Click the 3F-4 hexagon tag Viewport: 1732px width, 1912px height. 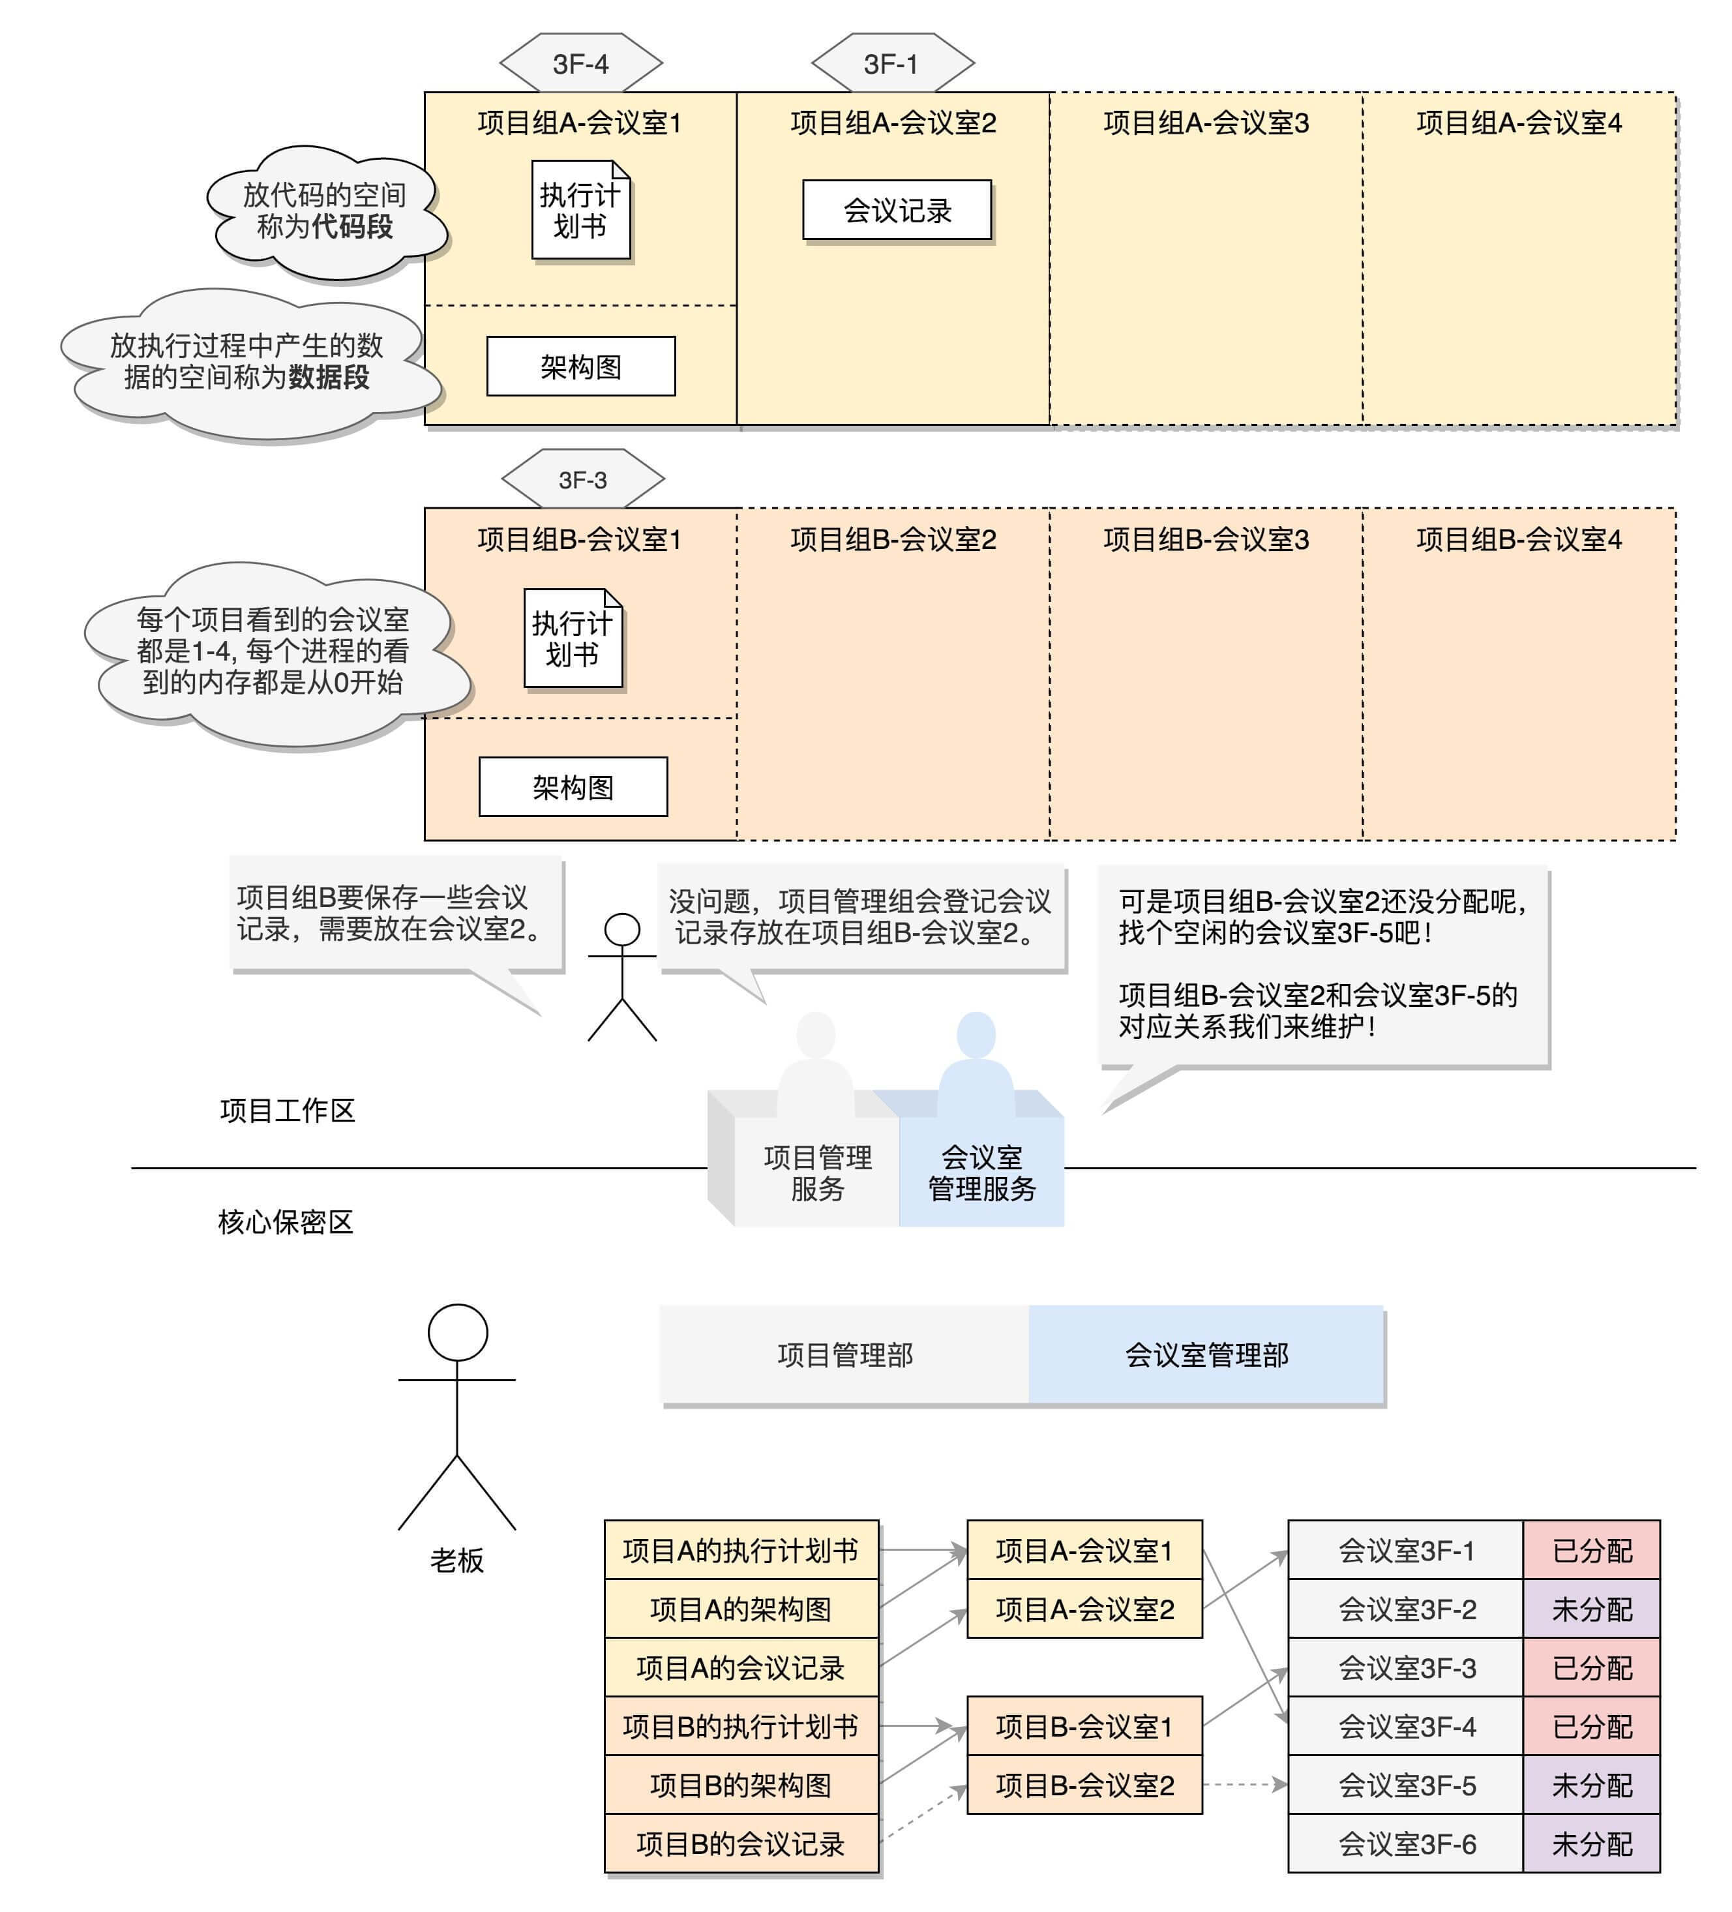580,63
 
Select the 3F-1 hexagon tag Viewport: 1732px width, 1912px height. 891,63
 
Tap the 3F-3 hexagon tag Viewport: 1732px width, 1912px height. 582,480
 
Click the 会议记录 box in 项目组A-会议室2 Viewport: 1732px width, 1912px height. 897,209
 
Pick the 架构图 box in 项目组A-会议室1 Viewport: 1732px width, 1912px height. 580,366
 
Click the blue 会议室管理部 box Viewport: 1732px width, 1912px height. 1206,1354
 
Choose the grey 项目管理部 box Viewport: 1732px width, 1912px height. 844,1354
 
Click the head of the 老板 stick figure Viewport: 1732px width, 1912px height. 457,1332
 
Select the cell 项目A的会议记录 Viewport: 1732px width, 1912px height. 741,1667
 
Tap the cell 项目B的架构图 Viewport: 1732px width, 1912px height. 741,1785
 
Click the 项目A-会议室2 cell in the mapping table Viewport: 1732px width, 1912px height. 1084,1609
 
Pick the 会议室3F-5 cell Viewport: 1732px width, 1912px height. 1406,1785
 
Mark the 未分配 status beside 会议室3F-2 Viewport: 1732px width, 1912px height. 1590,1609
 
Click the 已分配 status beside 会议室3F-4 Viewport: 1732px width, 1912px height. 1590,1726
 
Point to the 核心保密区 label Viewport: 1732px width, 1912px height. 286,1221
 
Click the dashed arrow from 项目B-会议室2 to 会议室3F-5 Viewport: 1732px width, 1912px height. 1244,1785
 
